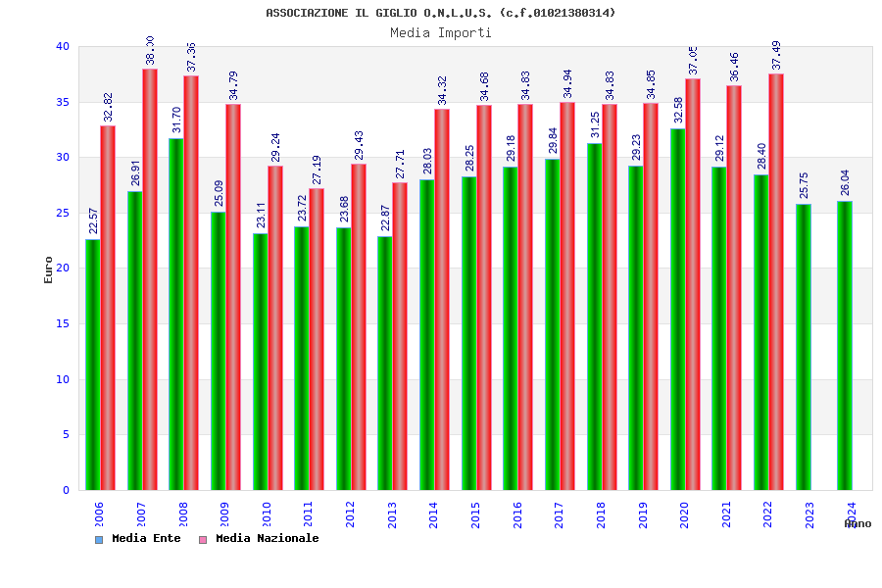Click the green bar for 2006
(92, 365)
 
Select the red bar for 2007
(150, 279)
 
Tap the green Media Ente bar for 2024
(845, 345)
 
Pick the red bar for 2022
(776, 281)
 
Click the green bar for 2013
(385, 363)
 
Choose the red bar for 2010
(275, 327)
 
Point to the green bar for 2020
(678, 309)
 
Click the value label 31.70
(176, 120)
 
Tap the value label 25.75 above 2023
(804, 185)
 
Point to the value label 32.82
(108, 107)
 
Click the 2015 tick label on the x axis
(475, 514)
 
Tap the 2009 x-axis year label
(224, 514)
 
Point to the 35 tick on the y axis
(63, 102)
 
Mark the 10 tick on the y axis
(63, 379)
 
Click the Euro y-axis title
(49, 269)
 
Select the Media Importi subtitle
(441, 32)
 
